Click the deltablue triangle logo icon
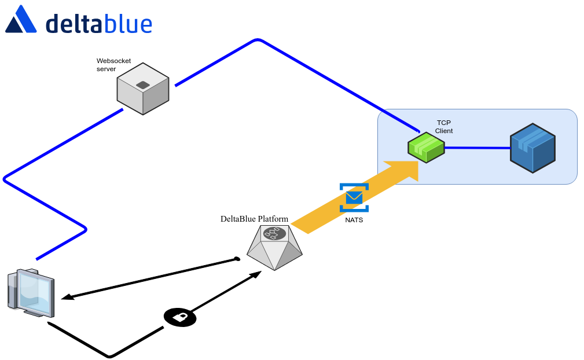click(21, 20)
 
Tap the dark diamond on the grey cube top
click(142, 85)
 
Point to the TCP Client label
click(444, 127)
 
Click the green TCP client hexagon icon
click(426, 148)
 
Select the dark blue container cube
click(532, 148)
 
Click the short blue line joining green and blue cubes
click(477, 148)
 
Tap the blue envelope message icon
click(354, 198)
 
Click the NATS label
click(354, 220)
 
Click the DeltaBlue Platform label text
click(254, 219)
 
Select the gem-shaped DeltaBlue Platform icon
click(274, 248)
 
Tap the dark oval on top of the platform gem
click(274, 234)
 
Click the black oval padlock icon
click(180, 317)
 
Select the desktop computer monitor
click(32, 292)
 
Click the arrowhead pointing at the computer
click(67, 297)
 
